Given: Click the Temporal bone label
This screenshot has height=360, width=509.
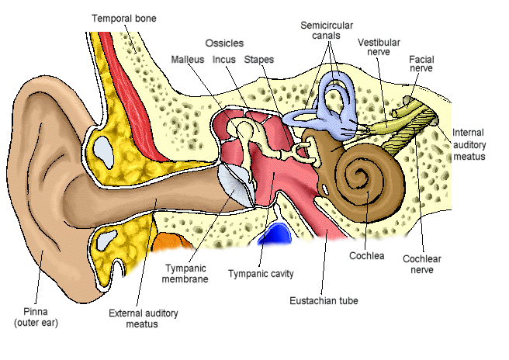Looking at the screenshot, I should pos(124,18).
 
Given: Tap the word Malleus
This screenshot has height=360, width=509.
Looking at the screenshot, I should pos(187,59).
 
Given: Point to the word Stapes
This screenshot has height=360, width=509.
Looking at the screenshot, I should pos(258,59).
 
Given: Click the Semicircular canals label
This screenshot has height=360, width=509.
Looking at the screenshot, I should pos(327,31).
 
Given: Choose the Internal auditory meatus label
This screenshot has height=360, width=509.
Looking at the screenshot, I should pos(469,144).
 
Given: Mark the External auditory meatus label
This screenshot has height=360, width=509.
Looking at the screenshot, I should pos(143,318).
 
